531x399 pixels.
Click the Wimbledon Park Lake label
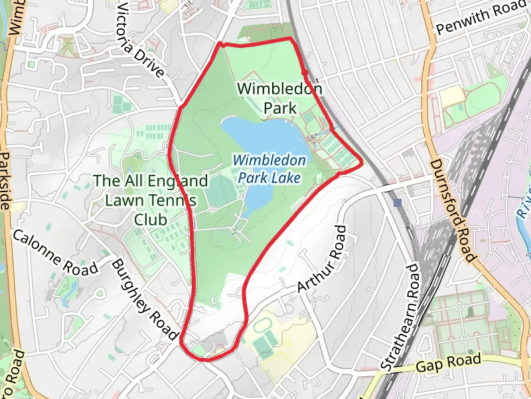[x=270, y=169]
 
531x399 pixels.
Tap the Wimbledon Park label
[x=279, y=98]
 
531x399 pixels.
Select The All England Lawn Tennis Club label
[x=151, y=199]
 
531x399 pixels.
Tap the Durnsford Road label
[x=453, y=209]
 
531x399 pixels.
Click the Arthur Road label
[x=322, y=259]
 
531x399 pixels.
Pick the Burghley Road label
[x=145, y=297]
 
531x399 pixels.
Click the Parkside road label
[x=6, y=180]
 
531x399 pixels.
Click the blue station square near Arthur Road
[x=398, y=202]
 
